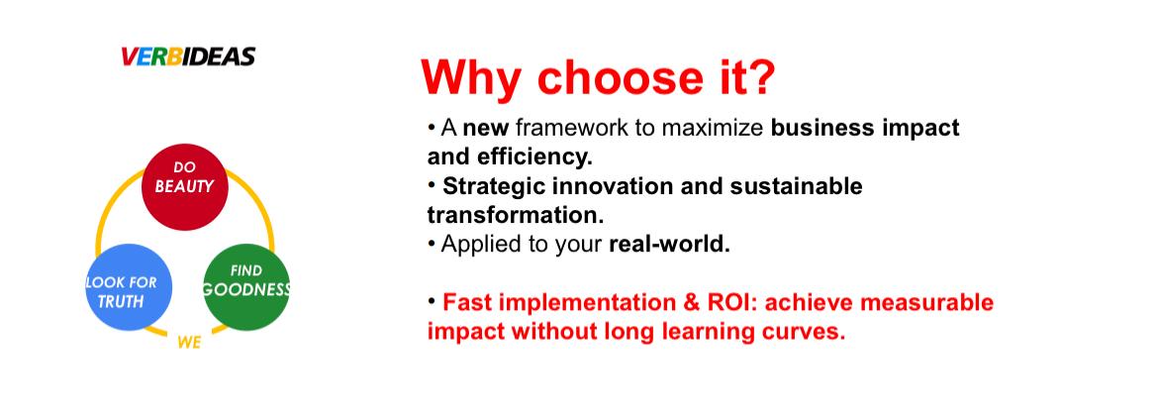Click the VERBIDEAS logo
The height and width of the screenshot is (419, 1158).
click(x=188, y=56)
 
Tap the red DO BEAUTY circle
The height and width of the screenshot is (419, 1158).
click(x=185, y=187)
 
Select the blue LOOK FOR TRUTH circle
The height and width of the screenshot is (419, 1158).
click(x=129, y=286)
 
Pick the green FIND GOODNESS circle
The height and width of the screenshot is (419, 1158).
click(x=245, y=286)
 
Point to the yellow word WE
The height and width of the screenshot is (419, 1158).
click(x=189, y=343)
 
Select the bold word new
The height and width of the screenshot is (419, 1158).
click(x=486, y=129)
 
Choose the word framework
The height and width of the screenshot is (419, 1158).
click(x=575, y=128)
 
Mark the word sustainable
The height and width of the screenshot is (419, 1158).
click(x=796, y=186)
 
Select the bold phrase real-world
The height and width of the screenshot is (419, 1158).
click(x=669, y=245)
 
